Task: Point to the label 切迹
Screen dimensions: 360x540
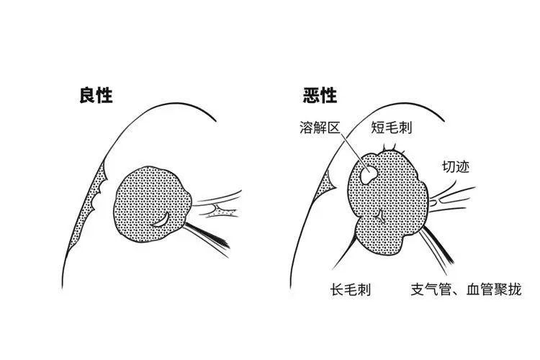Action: click(455, 167)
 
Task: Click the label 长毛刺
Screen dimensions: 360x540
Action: click(351, 289)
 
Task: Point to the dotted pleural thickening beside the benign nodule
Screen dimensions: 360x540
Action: click(88, 209)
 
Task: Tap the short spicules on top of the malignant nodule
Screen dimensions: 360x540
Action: click(392, 149)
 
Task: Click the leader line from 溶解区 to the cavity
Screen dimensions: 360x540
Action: click(352, 153)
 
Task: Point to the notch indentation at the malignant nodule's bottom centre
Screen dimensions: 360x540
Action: click(381, 216)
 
